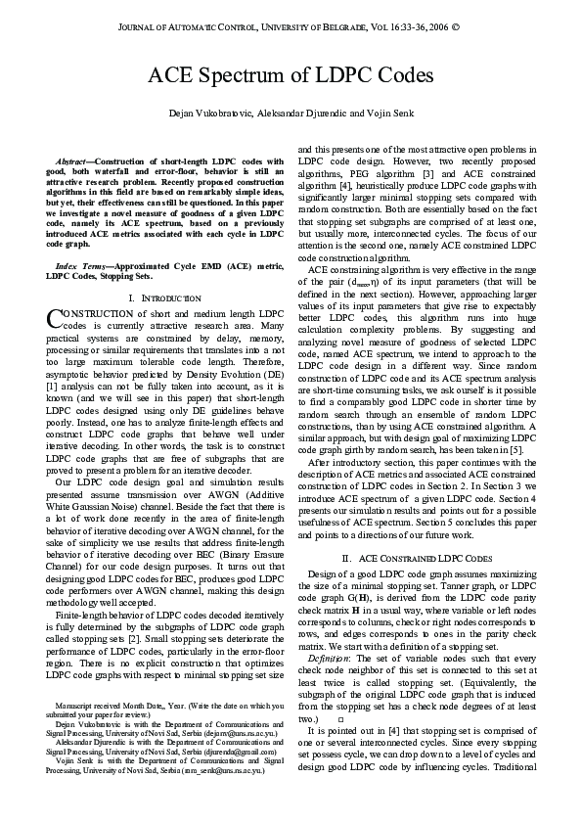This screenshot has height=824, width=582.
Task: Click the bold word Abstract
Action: pos(71,160)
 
